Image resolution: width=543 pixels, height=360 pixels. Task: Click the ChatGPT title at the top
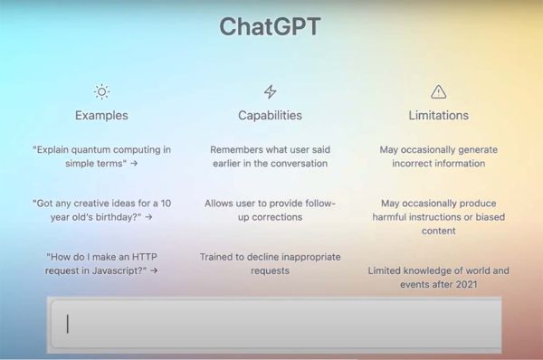tap(270, 27)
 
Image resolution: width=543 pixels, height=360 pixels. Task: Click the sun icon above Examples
tap(101, 91)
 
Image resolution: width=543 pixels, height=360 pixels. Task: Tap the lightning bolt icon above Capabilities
tap(270, 91)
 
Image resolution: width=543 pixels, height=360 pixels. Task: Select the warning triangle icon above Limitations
tap(439, 91)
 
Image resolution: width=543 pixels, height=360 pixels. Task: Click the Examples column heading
tap(101, 116)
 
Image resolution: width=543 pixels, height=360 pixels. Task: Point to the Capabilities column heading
tap(270, 116)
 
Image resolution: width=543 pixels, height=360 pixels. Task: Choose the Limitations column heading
tap(439, 116)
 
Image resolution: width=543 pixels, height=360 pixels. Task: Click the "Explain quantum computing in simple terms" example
tap(101, 156)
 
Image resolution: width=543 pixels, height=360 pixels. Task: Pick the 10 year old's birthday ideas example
tap(101, 210)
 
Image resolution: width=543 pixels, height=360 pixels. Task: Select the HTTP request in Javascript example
tap(101, 263)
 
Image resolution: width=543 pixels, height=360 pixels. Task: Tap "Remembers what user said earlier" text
tap(270, 156)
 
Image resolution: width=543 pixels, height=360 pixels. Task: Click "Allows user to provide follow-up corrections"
tap(270, 210)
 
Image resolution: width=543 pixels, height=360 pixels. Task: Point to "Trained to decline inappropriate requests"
tap(270, 263)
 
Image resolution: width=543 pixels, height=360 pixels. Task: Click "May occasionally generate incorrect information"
tap(439, 156)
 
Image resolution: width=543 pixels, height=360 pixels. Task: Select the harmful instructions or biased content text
tap(439, 217)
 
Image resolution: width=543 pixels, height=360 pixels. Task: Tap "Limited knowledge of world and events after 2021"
tap(439, 277)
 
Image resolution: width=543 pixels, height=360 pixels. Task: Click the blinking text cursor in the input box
tap(68, 324)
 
